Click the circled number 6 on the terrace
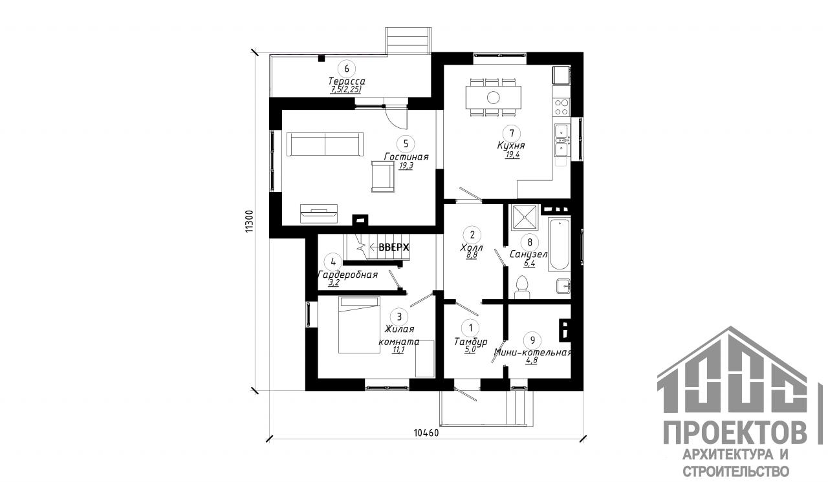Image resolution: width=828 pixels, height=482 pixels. (x=347, y=68)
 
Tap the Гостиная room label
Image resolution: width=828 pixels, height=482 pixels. (x=406, y=157)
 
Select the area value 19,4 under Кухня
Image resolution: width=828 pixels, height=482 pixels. (x=513, y=154)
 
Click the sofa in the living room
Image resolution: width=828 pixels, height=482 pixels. (x=325, y=144)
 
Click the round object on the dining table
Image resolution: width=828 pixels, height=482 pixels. (x=494, y=98)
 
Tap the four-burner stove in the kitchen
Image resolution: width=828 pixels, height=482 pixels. (x=561, y=107)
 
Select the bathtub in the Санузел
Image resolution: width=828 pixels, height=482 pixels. (x=560, y=244)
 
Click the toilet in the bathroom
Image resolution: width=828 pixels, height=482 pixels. (x=522, y=287)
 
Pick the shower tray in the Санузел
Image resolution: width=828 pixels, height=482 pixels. (x=524, y=217)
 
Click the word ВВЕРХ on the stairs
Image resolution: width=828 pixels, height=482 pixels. (x=394, y=247)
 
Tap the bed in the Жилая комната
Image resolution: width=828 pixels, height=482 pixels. (x=359, y=325)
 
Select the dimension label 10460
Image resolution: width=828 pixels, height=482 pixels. (x=426, y=432)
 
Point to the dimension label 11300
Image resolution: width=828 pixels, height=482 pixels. (x=249, y=221)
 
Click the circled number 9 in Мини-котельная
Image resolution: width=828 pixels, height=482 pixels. (x=532, y=341)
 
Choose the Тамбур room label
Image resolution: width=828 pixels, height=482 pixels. (x=471, y=342)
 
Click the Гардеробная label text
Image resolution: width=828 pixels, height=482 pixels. (x=348, y=275)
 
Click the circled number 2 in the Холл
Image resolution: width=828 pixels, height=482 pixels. (x=472, y=235)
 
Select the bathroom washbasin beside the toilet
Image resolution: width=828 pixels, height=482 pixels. (x=563, y=286)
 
